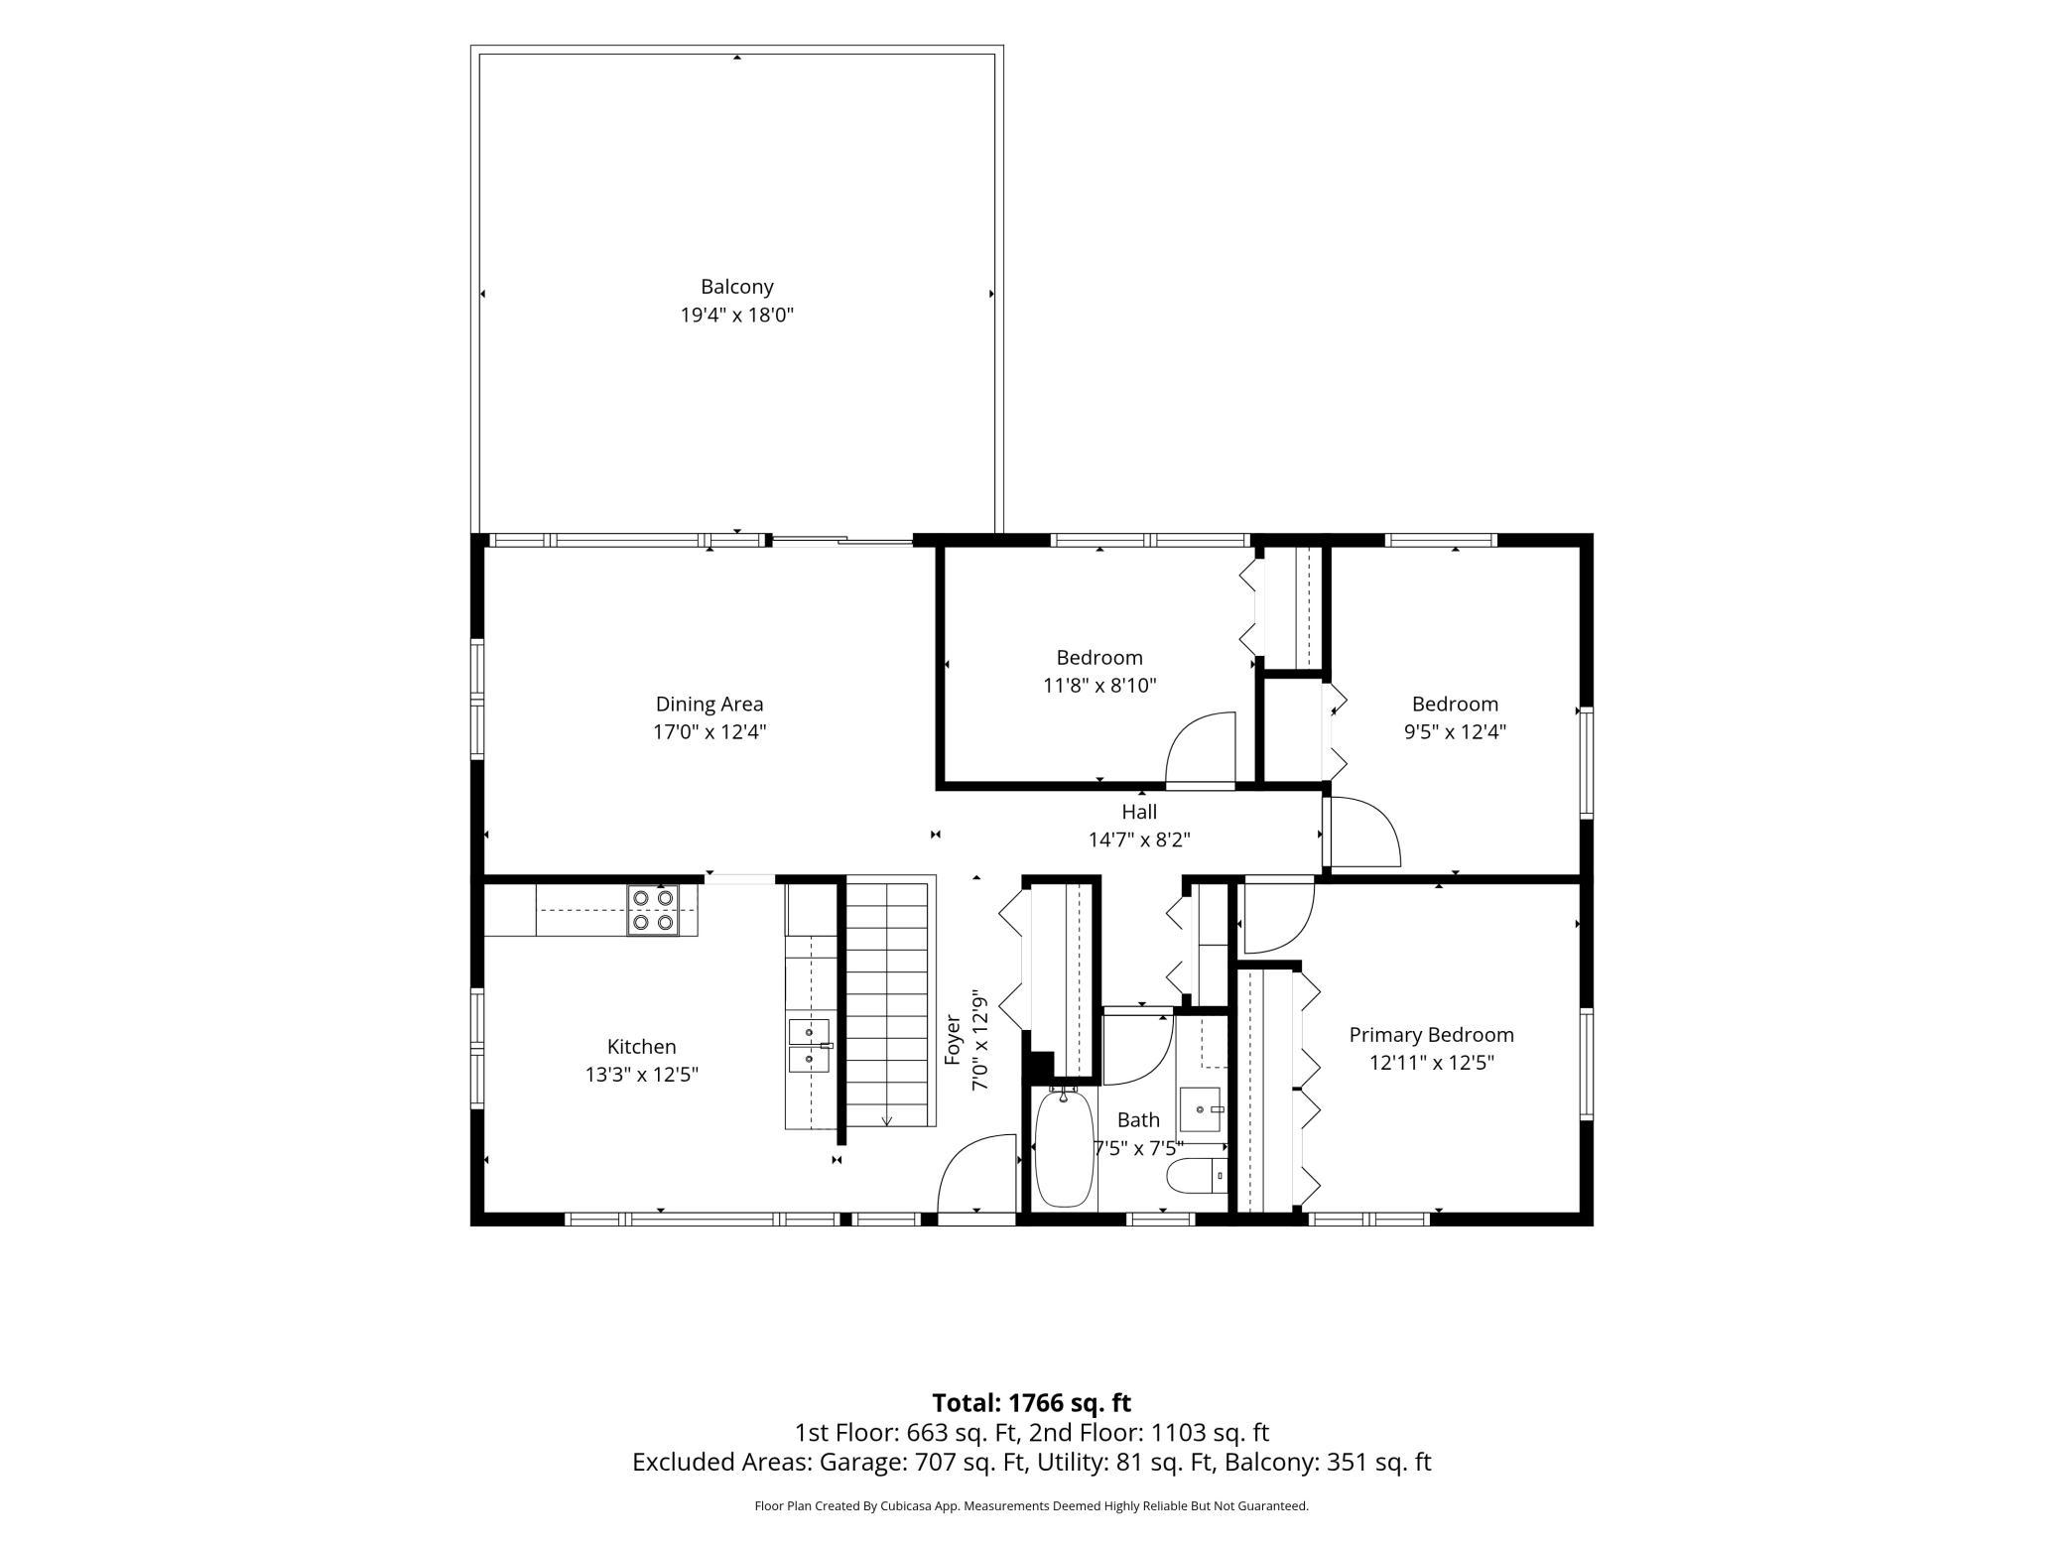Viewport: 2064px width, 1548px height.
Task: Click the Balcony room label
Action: click(736, 287)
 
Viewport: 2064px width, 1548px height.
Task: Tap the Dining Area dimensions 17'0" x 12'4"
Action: click(709, 732)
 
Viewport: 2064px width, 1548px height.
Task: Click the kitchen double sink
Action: click(810, 1046)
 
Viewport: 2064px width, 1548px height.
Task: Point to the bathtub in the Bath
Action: click(1064, 1147)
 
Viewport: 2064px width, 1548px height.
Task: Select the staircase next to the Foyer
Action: click(890, 1002)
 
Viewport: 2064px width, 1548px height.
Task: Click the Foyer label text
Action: click(953, 1039)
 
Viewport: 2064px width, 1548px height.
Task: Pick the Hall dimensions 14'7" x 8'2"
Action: click(1139, 839)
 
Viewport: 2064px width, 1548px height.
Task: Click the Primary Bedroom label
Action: click(1431, 1035)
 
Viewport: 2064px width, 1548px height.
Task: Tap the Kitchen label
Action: click(642, 1046)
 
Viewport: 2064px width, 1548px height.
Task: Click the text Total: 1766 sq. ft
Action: click(1032, 1403)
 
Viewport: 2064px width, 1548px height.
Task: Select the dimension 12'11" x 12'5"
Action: click(1432, 1063)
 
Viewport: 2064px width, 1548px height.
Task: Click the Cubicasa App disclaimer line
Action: click(1032, 1506)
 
